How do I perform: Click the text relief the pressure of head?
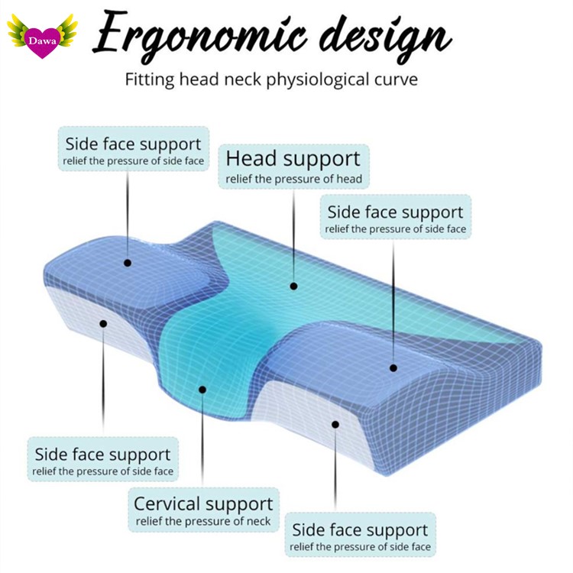pos(293,180)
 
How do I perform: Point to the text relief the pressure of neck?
pos(203,523)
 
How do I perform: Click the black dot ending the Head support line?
pos(293,286)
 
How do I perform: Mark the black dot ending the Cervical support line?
pos(203,389)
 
